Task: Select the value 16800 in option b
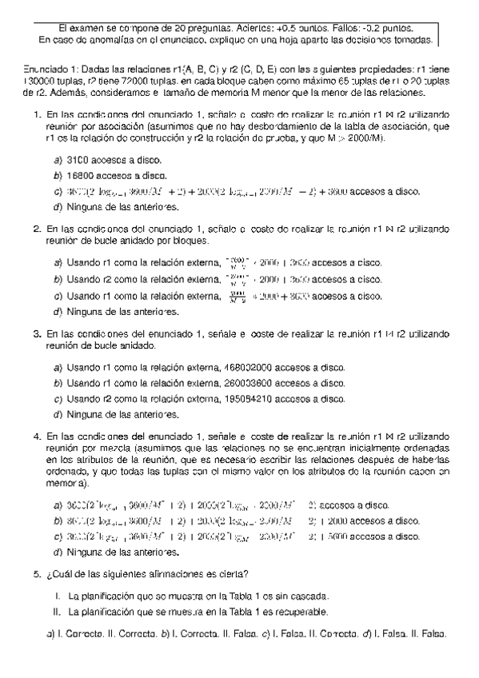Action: tap(82, 175)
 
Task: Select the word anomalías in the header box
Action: tap(105, 38)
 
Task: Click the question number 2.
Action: tap(38, 229)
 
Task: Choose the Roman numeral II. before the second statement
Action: tap(58, 612)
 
